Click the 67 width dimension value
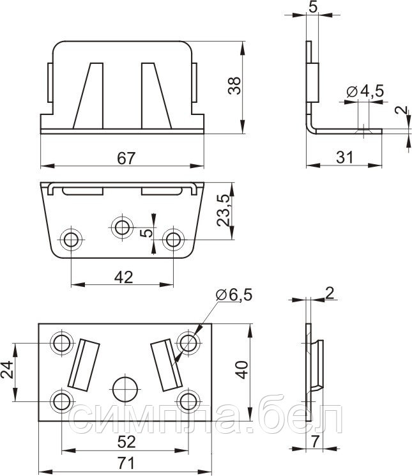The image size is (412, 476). (126, 158)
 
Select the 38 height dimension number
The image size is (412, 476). (234, 86)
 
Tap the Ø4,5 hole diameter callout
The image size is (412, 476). (365, 91)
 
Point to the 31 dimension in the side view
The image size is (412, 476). (345, 158)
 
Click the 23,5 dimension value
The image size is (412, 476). (224, 210)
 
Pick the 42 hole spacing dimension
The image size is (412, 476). (123, 277)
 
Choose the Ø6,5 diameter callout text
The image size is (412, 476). (234, 295)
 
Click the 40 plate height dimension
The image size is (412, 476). (242, 370)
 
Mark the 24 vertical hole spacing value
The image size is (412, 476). (7, 369)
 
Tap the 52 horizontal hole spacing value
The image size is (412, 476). (126, 442)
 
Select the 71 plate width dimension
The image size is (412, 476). (126, 463)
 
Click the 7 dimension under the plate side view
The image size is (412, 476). (315, 441)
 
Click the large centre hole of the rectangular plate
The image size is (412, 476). (125, 390)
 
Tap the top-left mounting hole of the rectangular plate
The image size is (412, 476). (62, 343)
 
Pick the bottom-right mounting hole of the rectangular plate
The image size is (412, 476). (188, 401)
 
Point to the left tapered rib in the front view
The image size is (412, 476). (88, 96)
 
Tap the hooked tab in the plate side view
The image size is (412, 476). (317, 364)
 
